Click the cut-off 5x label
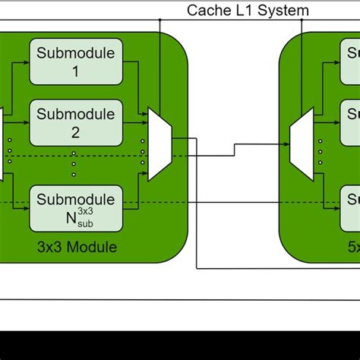(353, 247)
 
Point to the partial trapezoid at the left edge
(2, 144)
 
